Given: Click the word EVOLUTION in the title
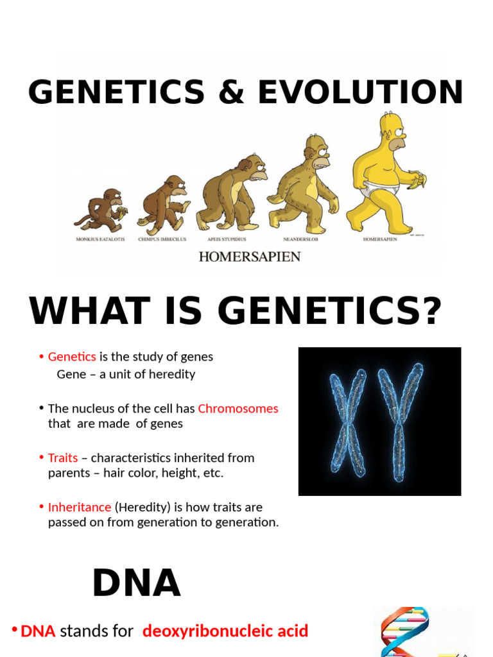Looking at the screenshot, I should coord(360,92).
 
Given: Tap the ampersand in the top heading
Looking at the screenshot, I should coord(230,92).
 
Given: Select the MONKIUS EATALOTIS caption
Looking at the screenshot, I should coord(100,239).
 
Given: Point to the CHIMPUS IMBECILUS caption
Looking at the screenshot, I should coord(163,239).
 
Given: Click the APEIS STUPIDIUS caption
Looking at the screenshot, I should coord(227,239).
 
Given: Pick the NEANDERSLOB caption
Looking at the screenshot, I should coord(300,239).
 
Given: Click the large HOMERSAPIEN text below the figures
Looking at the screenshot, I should coord(249,257).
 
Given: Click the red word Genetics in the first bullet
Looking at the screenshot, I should coord(72,357).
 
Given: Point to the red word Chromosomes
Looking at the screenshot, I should coord(238,409).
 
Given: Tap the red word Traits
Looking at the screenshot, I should coord(63,458).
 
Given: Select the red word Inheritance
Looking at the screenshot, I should coord(80,508).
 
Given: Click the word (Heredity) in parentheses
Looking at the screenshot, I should coord(144,508).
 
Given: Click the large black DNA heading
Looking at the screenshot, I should coord(136,584).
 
